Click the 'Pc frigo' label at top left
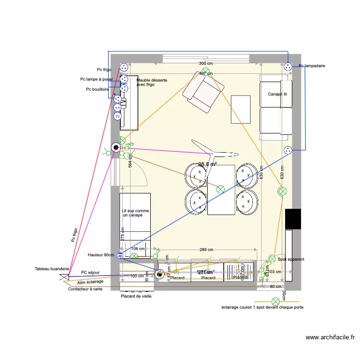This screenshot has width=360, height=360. [104, 70]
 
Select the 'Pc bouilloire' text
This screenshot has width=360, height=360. [97, 89]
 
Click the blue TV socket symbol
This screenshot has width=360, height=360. [117, 116]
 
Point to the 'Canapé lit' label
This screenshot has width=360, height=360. [277, 95]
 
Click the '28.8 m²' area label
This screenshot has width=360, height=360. [207, 164]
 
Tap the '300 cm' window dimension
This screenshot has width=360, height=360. [205, 64]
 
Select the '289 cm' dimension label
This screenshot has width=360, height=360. [206, 250]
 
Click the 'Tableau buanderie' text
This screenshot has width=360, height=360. [52, 269]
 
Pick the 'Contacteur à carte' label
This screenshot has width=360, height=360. [85, 289]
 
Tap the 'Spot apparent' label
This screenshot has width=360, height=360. [291, 259]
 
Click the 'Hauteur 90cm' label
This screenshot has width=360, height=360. [101, 255]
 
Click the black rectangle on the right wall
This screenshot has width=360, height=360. [293, 219]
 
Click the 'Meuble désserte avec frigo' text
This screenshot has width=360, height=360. [152, 83]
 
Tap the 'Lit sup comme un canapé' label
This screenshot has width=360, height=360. [135, 213]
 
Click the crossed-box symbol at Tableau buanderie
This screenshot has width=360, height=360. [64, 277]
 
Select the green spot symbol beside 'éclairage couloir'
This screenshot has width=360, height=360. [276, 301]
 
